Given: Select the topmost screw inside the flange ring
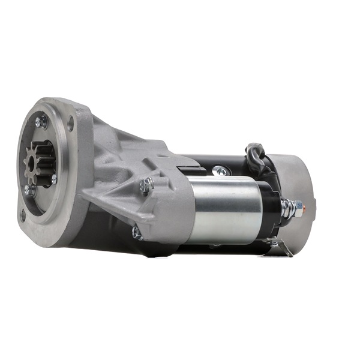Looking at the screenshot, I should [x=40, y=122].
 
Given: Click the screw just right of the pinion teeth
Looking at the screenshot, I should [x=54, y=178].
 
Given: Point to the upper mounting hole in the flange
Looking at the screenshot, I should [x=70, y=125].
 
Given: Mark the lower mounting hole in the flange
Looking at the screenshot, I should [x=22, y=215].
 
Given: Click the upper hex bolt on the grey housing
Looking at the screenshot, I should [x=145, y=186].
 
